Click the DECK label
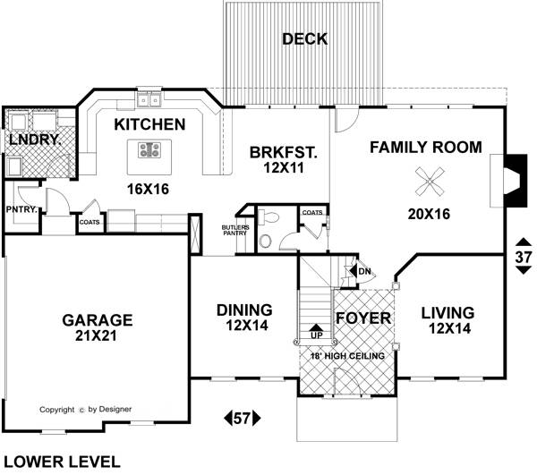[305, 39]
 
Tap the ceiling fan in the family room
[430, 182]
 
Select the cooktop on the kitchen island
[149, 150]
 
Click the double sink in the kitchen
[149, 100]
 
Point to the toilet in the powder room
[268, 216]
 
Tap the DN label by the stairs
[365, 271]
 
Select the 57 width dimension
[243, 418]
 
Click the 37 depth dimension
[524, 257]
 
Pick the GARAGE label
[98, 320]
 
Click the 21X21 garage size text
[96, 336]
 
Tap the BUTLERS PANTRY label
[235, 230]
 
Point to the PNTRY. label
[21, 209]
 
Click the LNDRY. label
[35, 140]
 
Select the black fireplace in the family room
[516, 181]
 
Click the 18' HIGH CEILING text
[347, 356]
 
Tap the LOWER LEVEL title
[62, 462]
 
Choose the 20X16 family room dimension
[429, 214]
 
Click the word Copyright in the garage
[57, 410]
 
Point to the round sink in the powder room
[265, 242]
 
